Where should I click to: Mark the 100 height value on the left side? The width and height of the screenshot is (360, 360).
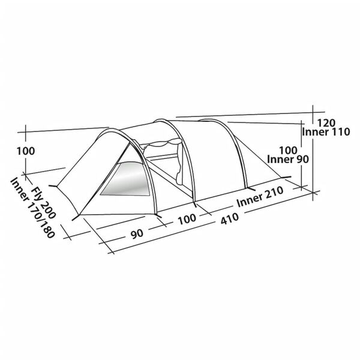pyautogui.click(x=26, y=151)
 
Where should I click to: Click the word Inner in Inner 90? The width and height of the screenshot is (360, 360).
pyautogui.click(x=277, y=160)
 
